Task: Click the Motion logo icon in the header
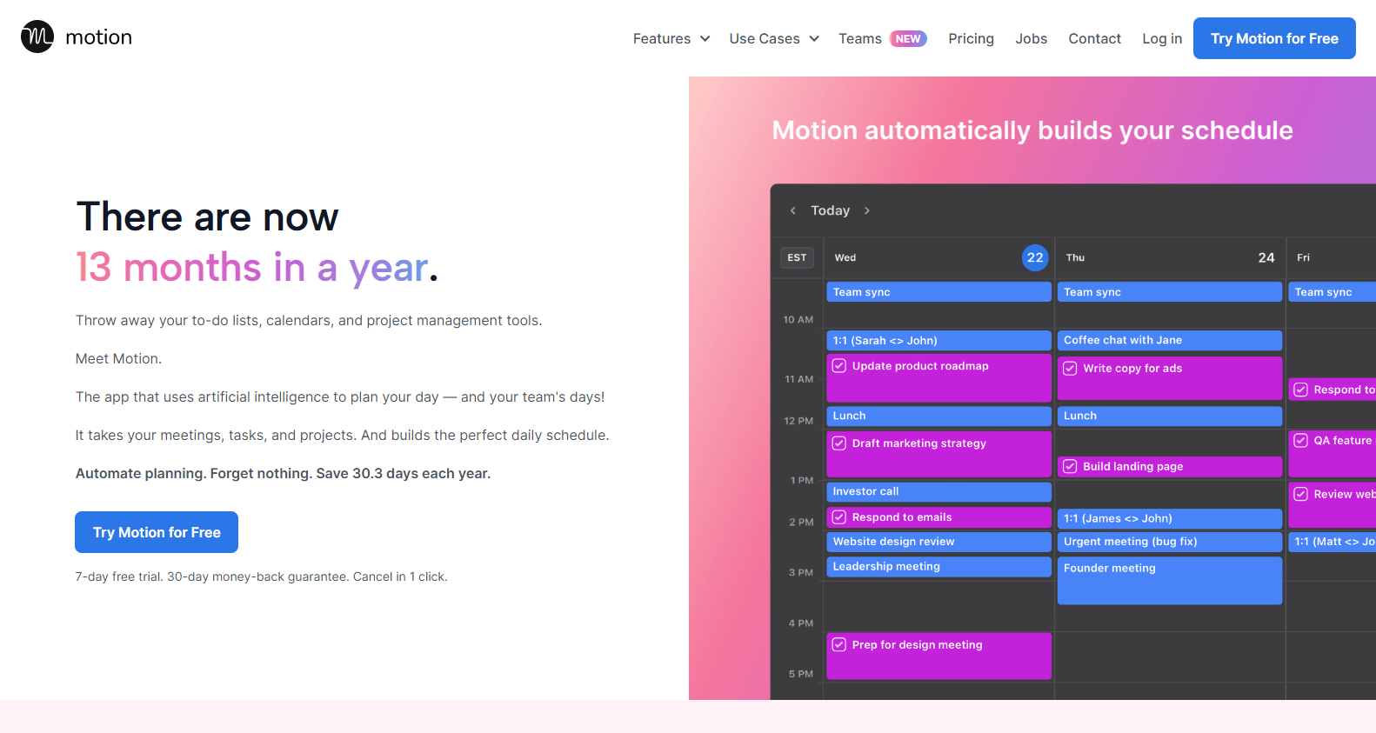point(37,37)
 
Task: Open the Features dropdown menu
point(671,39)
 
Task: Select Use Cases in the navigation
point(773,39)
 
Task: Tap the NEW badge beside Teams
point(908,39)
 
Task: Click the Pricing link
point(971,39)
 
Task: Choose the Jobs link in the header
point(1031,39)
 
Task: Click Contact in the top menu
point(1094,39)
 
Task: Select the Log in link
point(1162,39)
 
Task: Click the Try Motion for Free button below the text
point(157,532)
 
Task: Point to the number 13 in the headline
point(94,268)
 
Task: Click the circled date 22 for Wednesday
point(1035,257)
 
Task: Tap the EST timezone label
point(797,257)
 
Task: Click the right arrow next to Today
point(867,210)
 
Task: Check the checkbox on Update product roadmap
point(839,366)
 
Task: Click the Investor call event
point(938,492)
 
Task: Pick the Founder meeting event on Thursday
point(1169,579)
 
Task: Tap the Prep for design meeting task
point(938,655)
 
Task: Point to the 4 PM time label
point(800,623)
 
